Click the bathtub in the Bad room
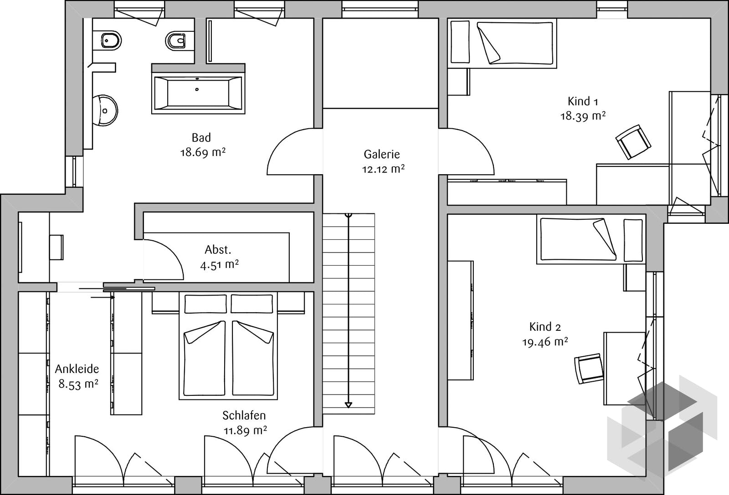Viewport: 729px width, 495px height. [198, 93]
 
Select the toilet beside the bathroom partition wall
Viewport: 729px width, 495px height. [176, 40]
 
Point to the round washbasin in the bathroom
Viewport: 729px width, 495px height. [105, 111]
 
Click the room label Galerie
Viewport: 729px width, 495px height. [382, 154]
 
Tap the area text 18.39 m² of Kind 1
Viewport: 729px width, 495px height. [583, 116]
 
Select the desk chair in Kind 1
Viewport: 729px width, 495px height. [633, 142]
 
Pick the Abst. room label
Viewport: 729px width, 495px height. [218, 250]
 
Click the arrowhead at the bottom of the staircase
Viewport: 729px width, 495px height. [349, 405]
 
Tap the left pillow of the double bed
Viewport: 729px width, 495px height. [205, 304]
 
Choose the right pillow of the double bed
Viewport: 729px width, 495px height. [252, 304]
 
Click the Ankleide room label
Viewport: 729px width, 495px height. [77, 369]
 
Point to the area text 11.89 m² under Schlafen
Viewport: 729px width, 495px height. [246, 431]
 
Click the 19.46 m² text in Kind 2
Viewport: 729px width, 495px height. [545, 342]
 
